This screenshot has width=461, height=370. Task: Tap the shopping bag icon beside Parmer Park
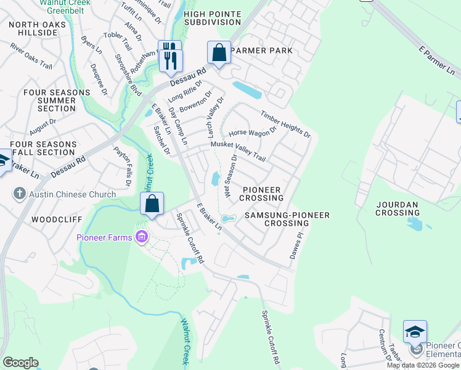(x=219, y=53)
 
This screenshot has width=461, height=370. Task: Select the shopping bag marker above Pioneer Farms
(x=152, y=203)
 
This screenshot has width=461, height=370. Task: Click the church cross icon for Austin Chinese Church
(x=20, y=194)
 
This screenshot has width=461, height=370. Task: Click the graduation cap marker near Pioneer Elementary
(x=415, y=332)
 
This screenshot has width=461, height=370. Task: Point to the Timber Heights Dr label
(x=285, y=124)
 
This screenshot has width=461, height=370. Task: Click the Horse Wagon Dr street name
(x=253, y=133)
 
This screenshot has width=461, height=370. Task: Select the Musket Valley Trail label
(x=238, y=151)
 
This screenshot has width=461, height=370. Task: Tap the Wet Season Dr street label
(x=230, y=177)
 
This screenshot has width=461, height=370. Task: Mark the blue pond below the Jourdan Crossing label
(x=415, y=223)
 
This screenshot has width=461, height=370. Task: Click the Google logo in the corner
(x=20, y=363)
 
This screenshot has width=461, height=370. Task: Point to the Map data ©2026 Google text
(x=422, y=365)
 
